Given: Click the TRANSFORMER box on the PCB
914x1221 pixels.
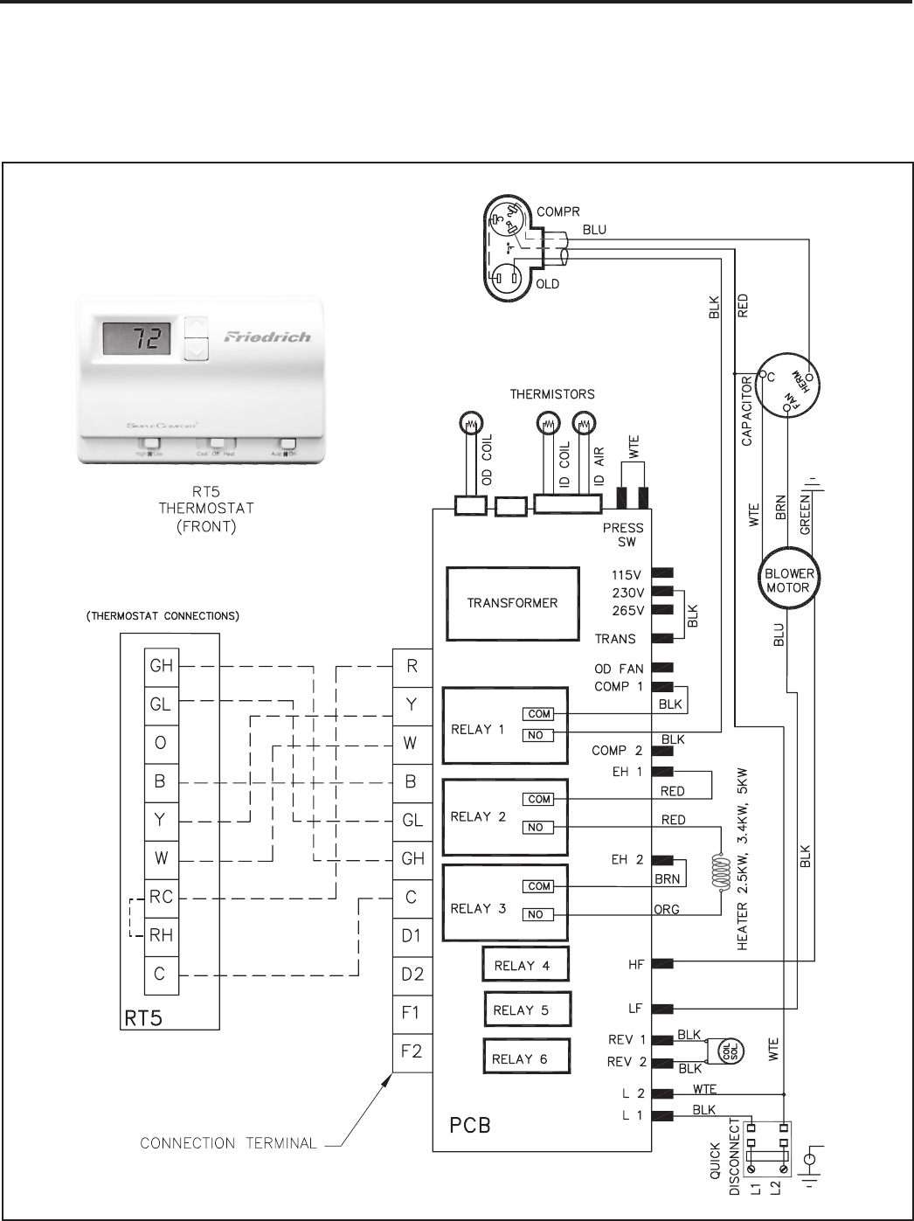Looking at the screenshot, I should (512, 603).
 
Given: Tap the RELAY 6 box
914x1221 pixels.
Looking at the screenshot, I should (526, 1058).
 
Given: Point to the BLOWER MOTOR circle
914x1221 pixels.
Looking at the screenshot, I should (788, 580).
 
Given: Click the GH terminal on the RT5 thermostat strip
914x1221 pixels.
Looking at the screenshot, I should (161, 666).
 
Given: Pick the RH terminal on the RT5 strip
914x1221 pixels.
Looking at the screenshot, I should (161, 935).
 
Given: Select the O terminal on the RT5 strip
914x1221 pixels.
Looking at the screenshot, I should (161, 743).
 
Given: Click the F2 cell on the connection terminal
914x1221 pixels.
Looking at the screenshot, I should (412, 1051).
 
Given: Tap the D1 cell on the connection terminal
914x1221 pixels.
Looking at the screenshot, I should (412, 936).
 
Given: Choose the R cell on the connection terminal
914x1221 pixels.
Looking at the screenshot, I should (412, 667).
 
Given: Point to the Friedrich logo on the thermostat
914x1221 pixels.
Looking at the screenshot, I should (267, 336).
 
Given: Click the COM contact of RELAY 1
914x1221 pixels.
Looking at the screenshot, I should (538, 714).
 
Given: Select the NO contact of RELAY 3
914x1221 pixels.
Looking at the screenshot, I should (537, 914).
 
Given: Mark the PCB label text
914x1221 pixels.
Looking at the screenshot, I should (469, 1125).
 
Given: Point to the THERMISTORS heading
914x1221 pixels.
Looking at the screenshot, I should (552, 394).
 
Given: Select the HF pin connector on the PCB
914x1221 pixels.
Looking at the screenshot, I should (662, 964).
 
